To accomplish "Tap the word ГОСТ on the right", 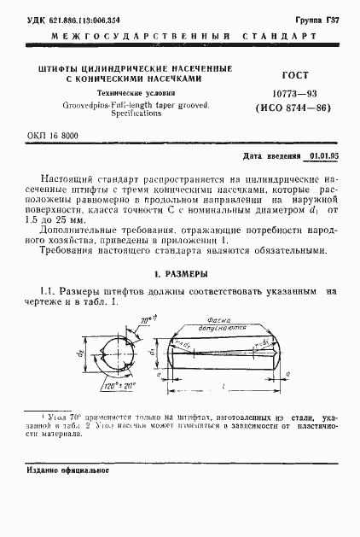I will [271, 74].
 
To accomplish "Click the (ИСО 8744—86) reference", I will [272, 109].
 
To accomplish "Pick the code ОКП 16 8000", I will [52, 135].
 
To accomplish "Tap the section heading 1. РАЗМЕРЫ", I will [179, 275].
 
